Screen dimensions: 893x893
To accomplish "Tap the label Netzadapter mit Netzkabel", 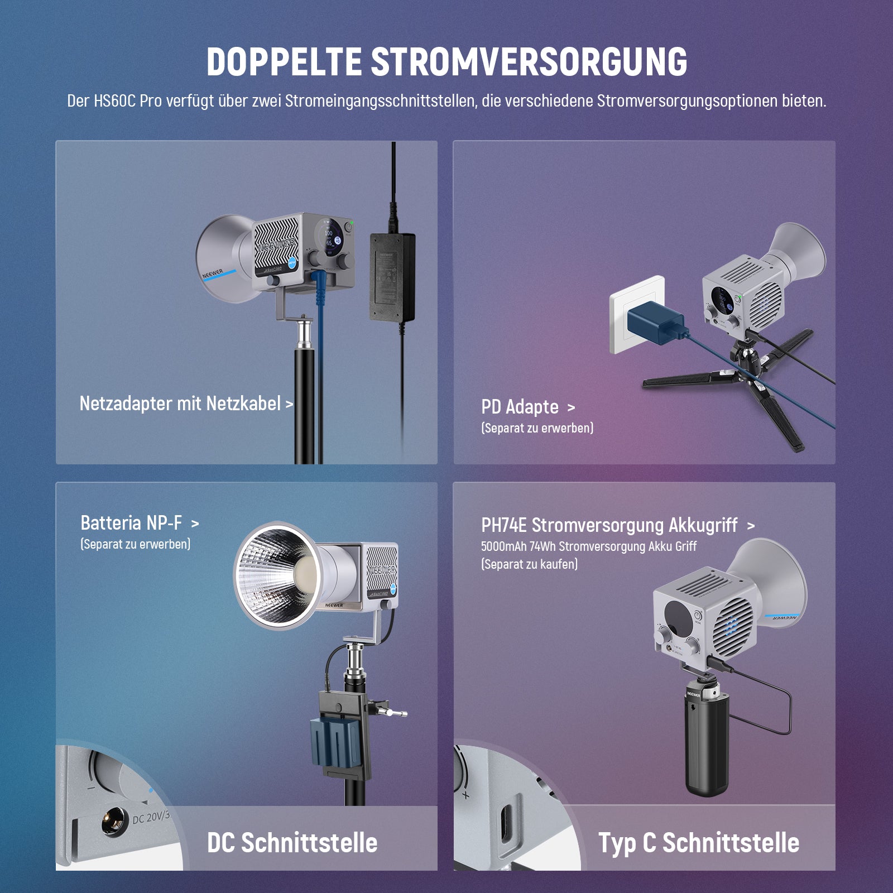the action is [x=180, y=404].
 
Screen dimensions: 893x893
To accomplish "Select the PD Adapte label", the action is [x=520, y=407].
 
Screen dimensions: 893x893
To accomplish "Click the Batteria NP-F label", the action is [x=131, y=523].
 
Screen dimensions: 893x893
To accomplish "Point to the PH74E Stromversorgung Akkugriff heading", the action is [x=609, y=525].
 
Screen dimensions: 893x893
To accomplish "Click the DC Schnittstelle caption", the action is [x=292, y=843].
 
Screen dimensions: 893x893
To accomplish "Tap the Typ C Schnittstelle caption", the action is [x=699, y=843].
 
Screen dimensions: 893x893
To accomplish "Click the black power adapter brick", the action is [x=392, y=277].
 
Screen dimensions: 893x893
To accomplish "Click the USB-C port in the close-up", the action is [x=506, y=820].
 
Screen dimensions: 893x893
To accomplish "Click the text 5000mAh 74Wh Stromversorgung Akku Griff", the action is [x=589, y=546].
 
